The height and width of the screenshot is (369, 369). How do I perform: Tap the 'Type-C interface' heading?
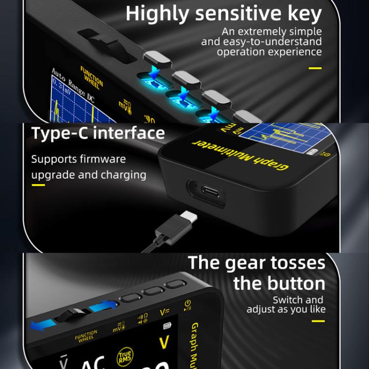[x=98, y=133]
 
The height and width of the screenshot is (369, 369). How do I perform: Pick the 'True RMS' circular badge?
[x=124, y=356]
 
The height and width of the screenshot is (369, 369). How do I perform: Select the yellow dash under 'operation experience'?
[x=315, y=68]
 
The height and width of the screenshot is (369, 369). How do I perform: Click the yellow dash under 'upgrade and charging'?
[x=38, y=185]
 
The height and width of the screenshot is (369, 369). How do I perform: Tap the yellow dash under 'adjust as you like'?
[x=318, y=321]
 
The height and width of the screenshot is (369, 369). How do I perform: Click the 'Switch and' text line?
[x=298, y=300]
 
